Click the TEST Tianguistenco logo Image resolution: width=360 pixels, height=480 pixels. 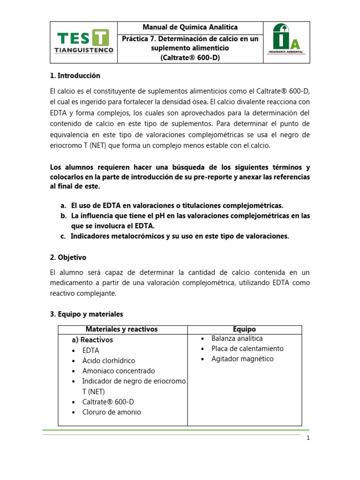pos(83,42)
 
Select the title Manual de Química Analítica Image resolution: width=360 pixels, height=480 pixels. pos(190,28)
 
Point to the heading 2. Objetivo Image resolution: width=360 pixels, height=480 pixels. pos(68,257)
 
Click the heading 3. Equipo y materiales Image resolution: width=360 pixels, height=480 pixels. pos(86,314)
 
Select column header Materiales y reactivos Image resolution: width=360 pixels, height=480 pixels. pos(122,330)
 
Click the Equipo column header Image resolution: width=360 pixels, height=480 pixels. pos(244,330)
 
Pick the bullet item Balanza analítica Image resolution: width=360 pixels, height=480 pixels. pos(237,338)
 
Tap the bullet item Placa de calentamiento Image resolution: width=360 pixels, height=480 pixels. pos(247,349)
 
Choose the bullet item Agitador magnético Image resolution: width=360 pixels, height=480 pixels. pos(242,359)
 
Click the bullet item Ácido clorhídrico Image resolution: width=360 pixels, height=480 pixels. pos(108,360)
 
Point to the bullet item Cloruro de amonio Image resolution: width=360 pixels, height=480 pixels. pos(111,412)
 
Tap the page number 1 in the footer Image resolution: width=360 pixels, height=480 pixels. pos(308,438)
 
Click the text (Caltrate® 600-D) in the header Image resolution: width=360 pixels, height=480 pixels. pos(190,58)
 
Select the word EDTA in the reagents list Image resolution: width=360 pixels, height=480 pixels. pos(90,350)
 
